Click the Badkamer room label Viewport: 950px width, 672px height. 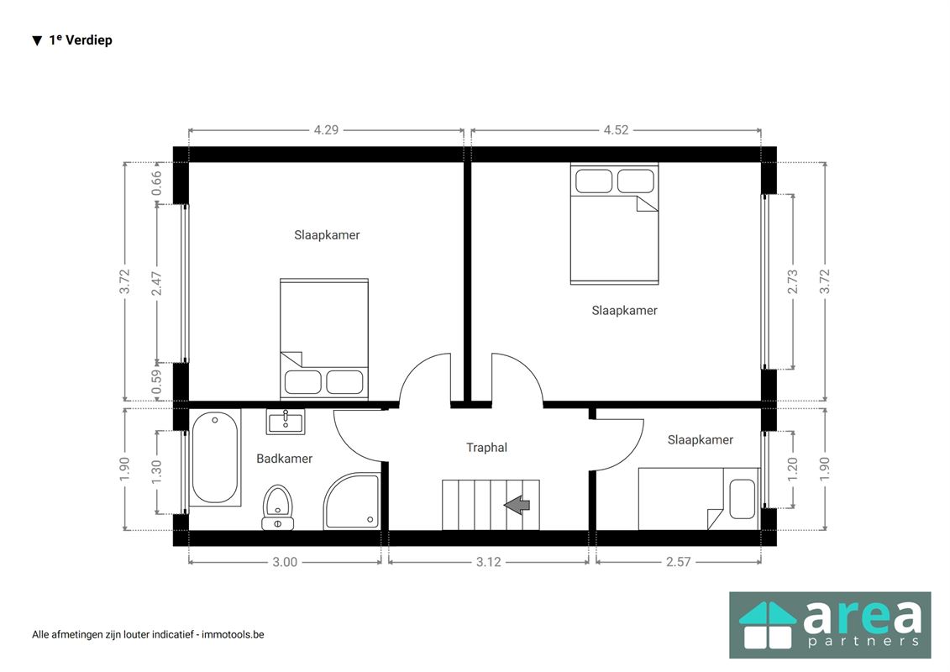(x=284, y=459)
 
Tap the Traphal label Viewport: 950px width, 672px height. (x=486, y=448)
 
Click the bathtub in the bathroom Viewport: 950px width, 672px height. (x=215, y=458)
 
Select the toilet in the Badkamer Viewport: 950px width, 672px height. (x=277, y=507)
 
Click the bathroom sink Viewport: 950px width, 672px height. (x=286, y=422)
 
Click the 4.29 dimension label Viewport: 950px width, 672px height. (x=326, y=129)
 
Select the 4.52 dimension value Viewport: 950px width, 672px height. (x=616, y=129)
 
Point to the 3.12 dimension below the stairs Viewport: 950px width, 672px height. (x=488, y=562)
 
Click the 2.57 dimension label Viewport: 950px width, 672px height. (x=678, y=562)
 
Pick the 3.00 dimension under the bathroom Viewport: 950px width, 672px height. (x=285, y=562)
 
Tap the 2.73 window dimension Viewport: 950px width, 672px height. (x=792, y=281)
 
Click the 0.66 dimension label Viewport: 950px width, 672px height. (x=157, y=183)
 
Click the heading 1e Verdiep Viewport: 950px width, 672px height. (x=81, y=40)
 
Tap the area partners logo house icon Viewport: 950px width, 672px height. (x=768, y=625)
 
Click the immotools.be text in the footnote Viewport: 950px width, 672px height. (x=233, y=634)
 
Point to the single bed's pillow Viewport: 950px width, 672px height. (x=743, y=499)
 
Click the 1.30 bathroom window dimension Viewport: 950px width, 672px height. (x=157, y=472)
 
